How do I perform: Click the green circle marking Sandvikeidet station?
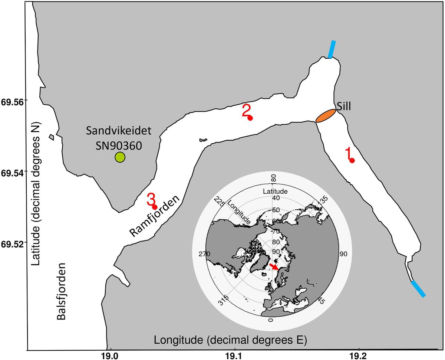coord(120,157)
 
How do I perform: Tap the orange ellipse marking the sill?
coord(326,115)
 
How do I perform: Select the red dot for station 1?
coord(352,160)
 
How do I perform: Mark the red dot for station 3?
coord(155,207)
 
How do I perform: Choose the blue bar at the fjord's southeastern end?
coord(418,289)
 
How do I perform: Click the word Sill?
coord(344,107)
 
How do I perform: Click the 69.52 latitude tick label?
coord(13,243)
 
